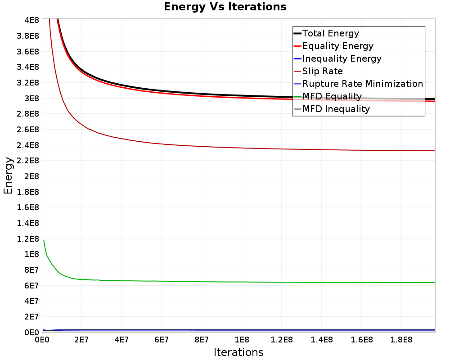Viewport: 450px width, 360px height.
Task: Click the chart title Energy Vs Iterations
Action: (225, 7)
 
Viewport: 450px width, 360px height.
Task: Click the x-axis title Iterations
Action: (238, 352)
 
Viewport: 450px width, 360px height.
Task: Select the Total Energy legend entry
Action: (331, 33)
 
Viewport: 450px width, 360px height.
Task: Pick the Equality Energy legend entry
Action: (337, 46)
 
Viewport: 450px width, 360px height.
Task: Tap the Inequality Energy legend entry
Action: (342, 58)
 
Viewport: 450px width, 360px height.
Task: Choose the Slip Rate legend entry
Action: (322, 71)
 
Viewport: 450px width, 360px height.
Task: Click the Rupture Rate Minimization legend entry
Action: (362, 84)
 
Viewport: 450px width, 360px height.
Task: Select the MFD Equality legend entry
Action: (332, 96)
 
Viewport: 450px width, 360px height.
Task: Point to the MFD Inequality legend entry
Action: (336, 109)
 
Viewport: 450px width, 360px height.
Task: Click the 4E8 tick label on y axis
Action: (31, 20)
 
